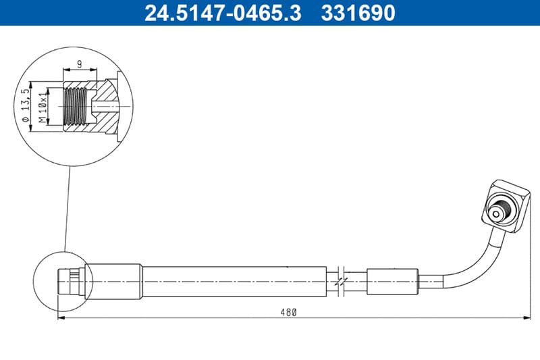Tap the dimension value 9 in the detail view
[x=79, y=64]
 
